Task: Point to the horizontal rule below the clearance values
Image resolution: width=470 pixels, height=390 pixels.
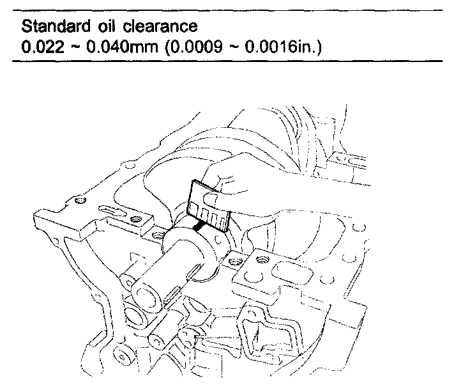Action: click(230, 61)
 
